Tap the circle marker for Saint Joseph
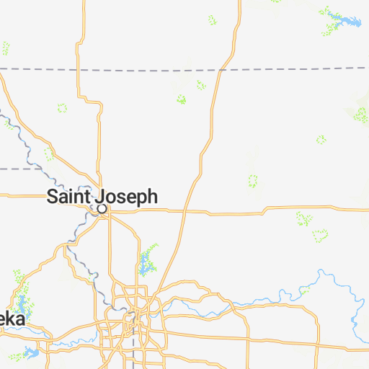102,208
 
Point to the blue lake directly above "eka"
22,303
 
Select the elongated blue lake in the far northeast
344,19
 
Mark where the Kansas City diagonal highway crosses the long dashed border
218,70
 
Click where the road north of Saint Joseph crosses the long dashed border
77,70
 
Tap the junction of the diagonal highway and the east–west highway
184,212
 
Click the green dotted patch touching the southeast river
305,290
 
